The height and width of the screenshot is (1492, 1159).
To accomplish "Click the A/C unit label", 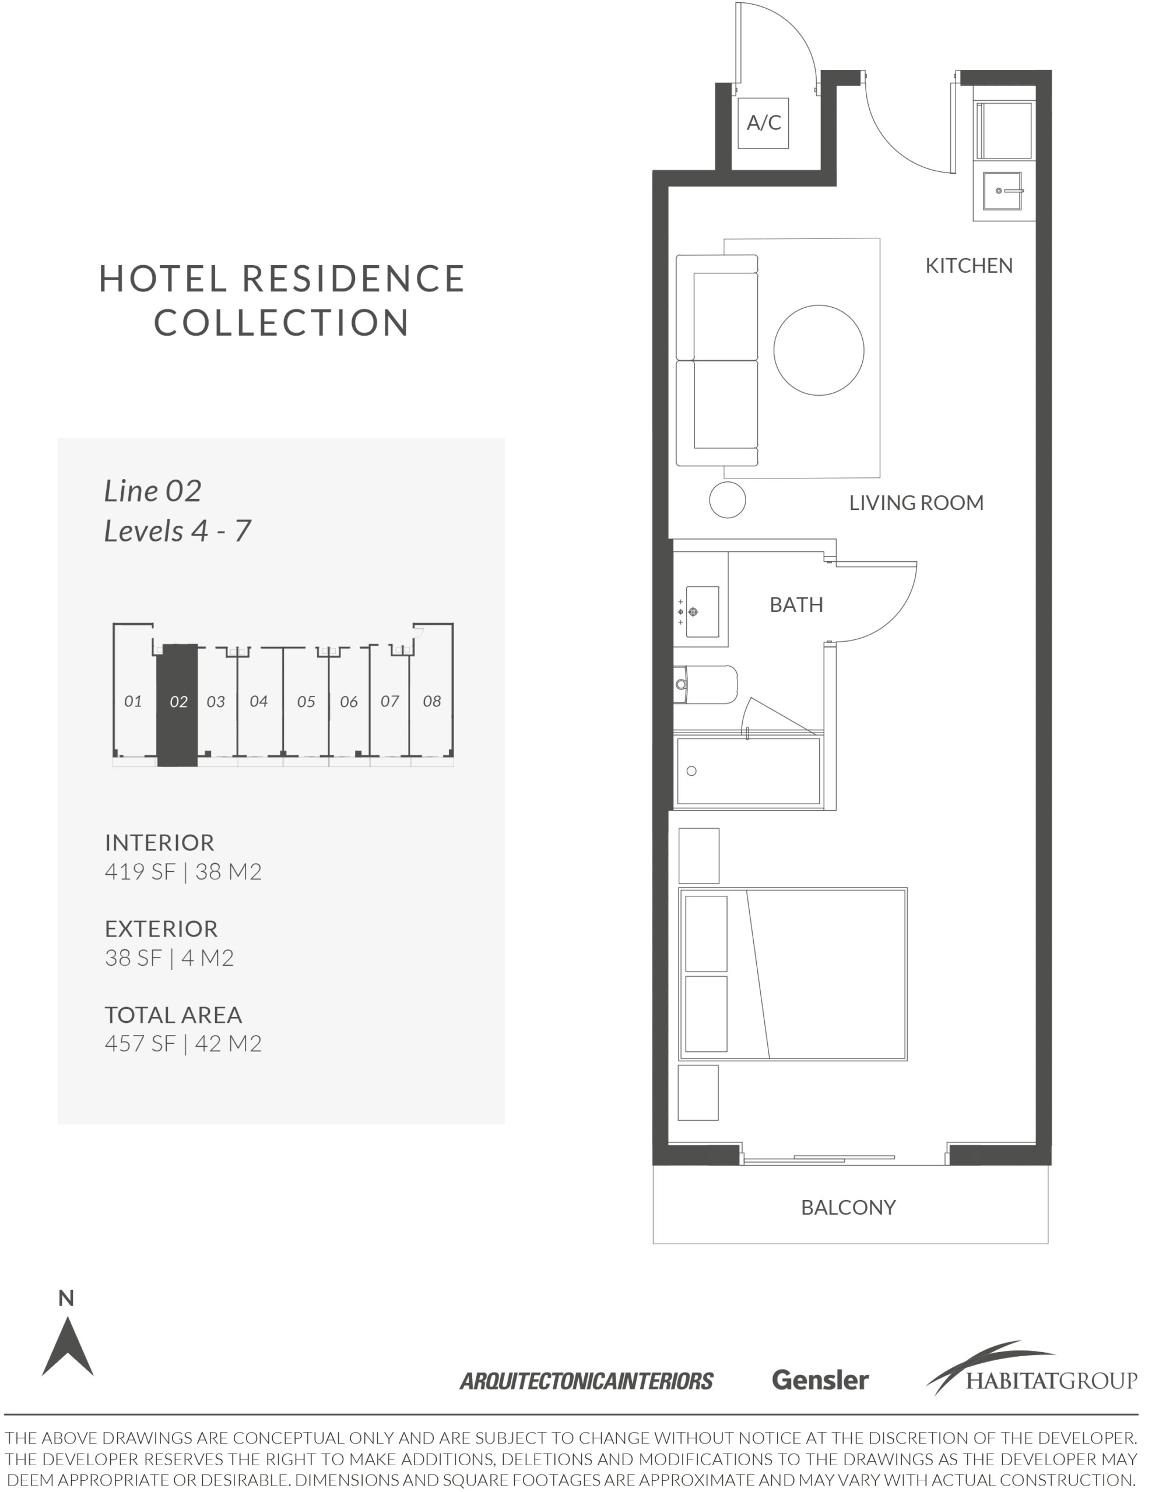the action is pos(763,123).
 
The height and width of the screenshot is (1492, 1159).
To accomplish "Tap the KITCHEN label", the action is pos(969,266).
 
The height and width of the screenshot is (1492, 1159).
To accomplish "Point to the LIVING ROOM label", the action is pos(916,503).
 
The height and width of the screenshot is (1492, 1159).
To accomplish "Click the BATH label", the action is pos(796,604).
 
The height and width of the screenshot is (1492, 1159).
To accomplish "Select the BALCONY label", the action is pos(848,1207).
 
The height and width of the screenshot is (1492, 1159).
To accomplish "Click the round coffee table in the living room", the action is pos(819,350).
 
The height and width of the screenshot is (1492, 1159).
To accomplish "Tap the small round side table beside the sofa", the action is pos(727,500).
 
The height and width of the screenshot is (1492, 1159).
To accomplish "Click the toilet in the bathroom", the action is pos(705,685).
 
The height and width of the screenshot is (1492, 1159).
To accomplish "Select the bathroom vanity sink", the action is pos(702,611).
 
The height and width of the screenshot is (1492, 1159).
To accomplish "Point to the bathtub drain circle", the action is pos(691,771).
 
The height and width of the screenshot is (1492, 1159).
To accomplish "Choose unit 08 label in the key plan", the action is pos(432,701).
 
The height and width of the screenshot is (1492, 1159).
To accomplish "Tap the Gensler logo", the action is pos(820,1380).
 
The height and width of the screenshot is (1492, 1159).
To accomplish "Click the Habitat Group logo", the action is pos(1032,1368).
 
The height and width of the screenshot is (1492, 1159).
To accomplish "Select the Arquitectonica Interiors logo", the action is pos(586,1381).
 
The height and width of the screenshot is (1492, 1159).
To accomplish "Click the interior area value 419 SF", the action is pos(140,872).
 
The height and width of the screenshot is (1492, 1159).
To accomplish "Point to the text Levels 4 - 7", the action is pos(178,531).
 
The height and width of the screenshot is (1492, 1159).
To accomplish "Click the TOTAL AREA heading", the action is pos(174,1015).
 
